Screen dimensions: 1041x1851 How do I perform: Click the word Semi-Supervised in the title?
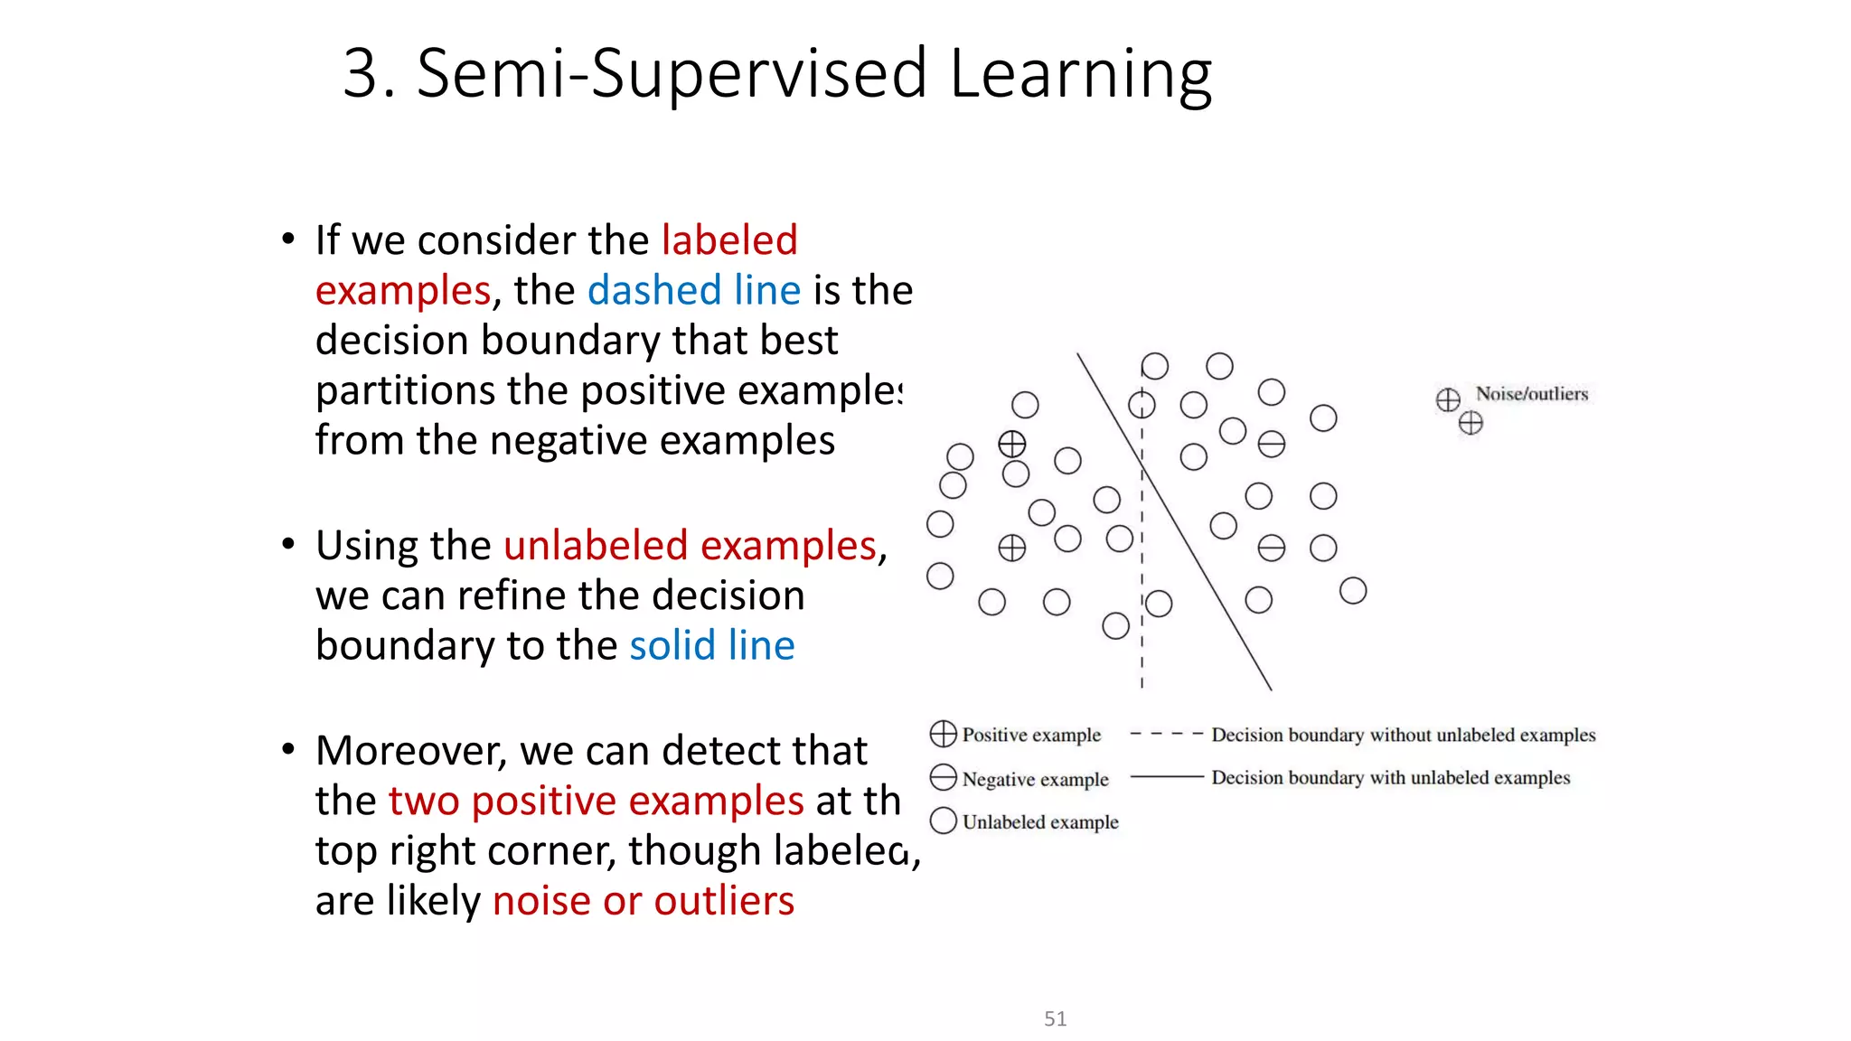pyautogui.click(x=671, y=74)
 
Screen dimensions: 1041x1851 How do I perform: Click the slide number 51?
pyautogui.click(x=1055, y=1019)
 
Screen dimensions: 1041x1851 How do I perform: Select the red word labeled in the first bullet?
pyautogui.click(x=729, y=240)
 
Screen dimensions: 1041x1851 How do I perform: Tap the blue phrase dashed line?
pyautogui.click(x=693, y=291)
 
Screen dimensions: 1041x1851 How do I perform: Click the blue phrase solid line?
pyautogui.click(x=711, y=646)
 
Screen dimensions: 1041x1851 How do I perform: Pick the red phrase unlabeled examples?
pyautogui.click(x=690, y=546)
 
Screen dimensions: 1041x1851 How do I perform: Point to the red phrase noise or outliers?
pyautogui.click(x=643, y=901)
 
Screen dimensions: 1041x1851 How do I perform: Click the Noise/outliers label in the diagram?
pyautogui.click(x=1531, y=394)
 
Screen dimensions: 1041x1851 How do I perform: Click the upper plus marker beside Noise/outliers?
pyautogui.click(x=1448, y=399)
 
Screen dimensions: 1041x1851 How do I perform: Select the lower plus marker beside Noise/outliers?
pyautogui.click(x=1470, y=422)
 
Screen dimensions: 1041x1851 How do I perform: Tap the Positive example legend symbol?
pyautogui.click(x=943, y=734)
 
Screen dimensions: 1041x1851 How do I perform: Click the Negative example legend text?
pyautogui.click(x=1035, y=779)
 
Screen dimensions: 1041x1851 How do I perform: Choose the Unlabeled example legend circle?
pyautogui.click(x=943, y=821)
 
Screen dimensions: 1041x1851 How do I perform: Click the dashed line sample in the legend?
pyautogui.click(x=1166, y=734)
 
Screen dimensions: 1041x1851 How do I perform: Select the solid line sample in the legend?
pyautogui.click(x=1166, y=777)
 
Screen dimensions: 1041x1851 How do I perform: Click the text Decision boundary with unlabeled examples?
pyautogui.click(x=1390, y=778)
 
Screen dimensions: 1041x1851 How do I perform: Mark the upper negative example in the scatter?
pyautogui.click(x=1271, y=444)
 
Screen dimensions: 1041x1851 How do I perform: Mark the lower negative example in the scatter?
pyautogui.click(x=1271, y=548)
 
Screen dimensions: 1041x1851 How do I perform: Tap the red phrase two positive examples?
pyautogui.click(x=596, y=802)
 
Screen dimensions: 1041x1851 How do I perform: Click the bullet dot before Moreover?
pyautogui.click(x=287, y=750)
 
